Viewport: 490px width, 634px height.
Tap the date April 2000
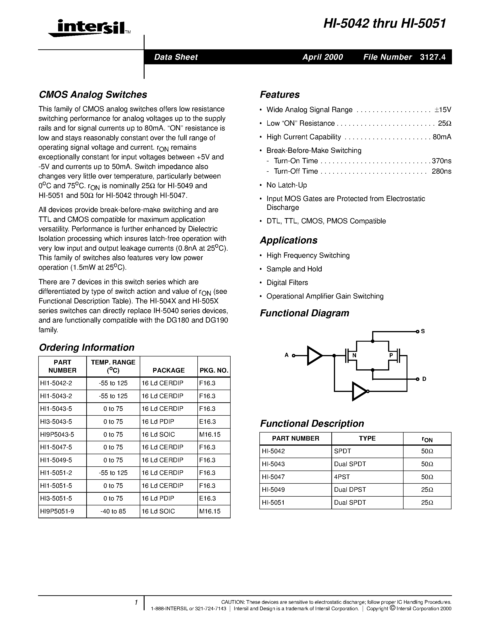tap(323, 57)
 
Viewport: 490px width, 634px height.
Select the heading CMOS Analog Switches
tap(93, 95)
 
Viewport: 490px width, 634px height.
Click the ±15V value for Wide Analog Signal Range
tap(443, 110)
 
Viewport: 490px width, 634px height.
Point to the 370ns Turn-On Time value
tap(441, 161)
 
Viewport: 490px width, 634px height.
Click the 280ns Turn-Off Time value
tap(441, 171)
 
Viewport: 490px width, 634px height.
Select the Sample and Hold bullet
tap(294, 269)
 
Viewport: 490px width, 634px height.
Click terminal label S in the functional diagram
tap(423, 331)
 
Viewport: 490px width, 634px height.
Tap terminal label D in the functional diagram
tap(424, 379)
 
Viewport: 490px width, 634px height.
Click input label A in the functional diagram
tap(287, 355)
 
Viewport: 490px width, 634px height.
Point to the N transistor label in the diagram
tap(354, 356)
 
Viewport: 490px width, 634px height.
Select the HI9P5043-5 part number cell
tap(57, 435)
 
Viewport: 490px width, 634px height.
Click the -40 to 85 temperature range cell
tap(113, 511)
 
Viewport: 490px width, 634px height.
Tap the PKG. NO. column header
tap(214, 370)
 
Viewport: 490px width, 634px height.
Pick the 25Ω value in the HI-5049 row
tap(427, 490)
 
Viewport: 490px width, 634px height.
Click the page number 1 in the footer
tap(136, 603)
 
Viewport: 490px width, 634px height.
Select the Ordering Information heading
tap(86, 347)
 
